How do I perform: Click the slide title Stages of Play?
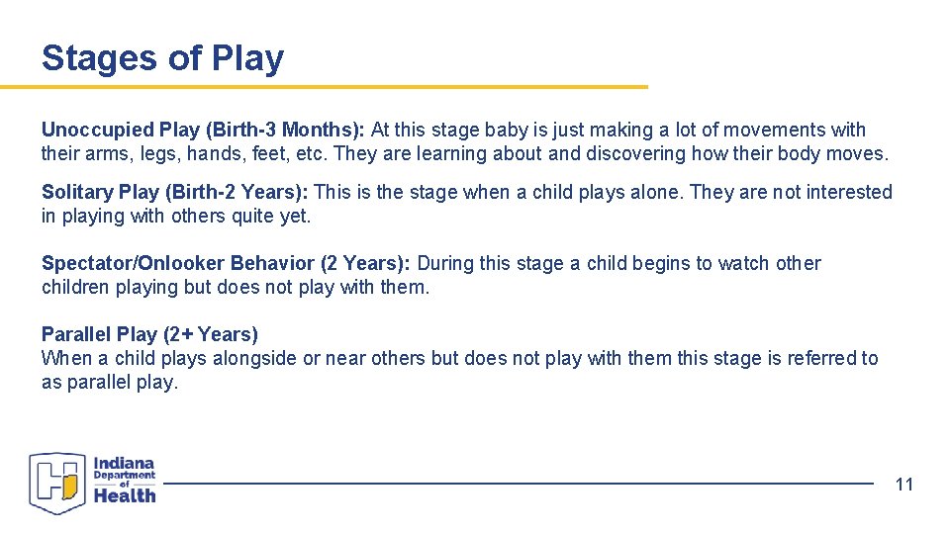point(162,58)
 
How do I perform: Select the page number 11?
point(904,484)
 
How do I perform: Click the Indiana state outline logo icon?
point(58,483)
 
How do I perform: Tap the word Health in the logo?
point(125,494)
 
